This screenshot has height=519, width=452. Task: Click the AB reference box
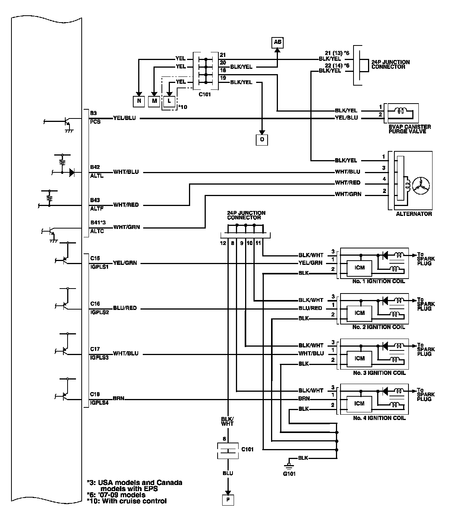[278, 42]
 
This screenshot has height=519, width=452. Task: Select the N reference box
[139, 101]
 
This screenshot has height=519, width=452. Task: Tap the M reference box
[154, 101]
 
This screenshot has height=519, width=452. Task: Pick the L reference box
[169, 101]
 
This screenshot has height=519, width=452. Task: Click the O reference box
[262, 140]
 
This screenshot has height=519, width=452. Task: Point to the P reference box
[228, 500]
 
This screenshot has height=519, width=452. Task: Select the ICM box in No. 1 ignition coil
[359, 268]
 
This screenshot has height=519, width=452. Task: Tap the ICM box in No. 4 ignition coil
[359, 404]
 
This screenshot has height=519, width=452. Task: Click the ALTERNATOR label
[414, 214]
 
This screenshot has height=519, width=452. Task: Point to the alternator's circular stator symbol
[421, 186]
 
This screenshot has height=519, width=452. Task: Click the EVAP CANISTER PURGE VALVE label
[410, 129]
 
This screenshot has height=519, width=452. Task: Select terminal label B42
[95, 167]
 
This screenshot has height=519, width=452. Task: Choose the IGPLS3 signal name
[99, 358]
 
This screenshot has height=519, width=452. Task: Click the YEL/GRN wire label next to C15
[125, 263]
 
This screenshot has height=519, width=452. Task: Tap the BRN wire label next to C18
[119, 399]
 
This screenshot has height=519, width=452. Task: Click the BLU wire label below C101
[228, 474]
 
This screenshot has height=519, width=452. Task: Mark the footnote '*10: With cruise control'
[127, 501]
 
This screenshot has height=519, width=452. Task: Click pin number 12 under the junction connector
[223, 243]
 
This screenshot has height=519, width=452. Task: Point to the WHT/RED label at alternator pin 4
[348, 183]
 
